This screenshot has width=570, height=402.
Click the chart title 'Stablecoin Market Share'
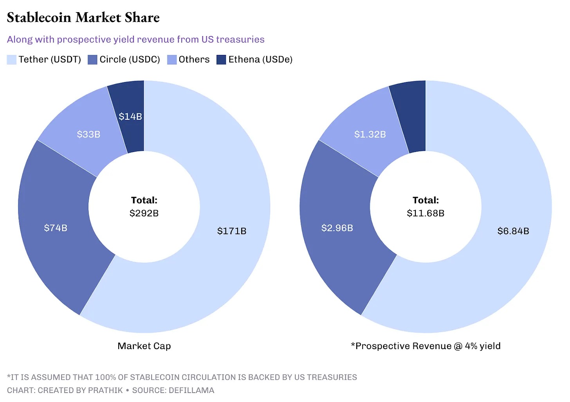pos(83,18)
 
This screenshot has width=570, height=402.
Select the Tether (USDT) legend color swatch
pos(12,60)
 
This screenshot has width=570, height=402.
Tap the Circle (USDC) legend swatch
pos(92,60)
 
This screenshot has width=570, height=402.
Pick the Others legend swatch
pos(172,60)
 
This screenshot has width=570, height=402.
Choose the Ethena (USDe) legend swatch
pos(221,60)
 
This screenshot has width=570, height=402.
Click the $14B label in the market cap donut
pos(130,116)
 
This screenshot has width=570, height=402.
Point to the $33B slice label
pos(88,134)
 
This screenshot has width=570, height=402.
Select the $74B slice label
pos(56,228)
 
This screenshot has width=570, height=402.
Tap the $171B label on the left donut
pos(232,231)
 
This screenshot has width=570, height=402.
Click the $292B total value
pos(144,213)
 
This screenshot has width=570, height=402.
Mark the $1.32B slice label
pos(370,134)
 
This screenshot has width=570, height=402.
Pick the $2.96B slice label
pos(337,228)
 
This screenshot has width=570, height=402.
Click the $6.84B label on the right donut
pos(513,231)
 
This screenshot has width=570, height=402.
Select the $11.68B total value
pos(426,213)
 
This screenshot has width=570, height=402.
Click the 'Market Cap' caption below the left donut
pos(144,346)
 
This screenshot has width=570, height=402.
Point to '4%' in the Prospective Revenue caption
pos(471,346)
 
